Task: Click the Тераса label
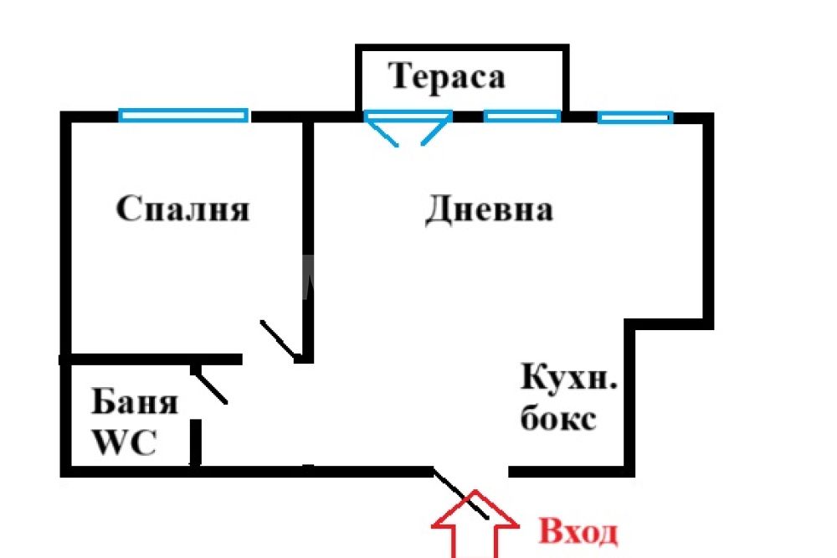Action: pos(447,77)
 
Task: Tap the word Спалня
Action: pos(182,209)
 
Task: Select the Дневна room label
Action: pos(489,209)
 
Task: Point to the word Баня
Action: pos(135,401)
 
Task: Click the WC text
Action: pos(125,442)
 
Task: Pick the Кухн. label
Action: pos(569,377)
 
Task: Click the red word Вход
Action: pos(578,532)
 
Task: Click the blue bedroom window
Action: pos(183,116)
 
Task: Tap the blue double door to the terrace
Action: pos(408,127)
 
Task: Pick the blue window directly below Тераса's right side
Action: pos(522,116)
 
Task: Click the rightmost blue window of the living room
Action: pos(635,117)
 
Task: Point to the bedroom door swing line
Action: pos(278,340)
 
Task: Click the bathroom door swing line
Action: pos(210,385)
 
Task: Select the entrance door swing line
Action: pos(460,493)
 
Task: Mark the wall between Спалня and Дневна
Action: pos(308,240)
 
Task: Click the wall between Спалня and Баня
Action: pos(151,359)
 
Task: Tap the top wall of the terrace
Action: pos(462,48)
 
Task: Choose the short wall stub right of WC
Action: pos(196,442)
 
